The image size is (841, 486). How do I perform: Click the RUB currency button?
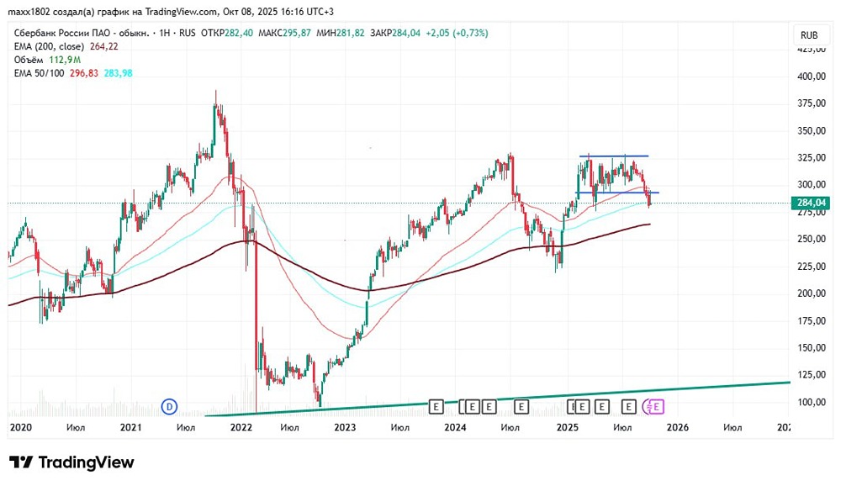coord(809,35)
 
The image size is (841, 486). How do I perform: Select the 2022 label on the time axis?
coord(241,427)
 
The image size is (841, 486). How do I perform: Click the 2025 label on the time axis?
coord(567,427)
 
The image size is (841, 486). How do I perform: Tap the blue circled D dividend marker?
coord(168,407)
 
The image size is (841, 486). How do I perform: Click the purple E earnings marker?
coord(657,407)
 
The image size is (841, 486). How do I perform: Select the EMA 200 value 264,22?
coord(104,46)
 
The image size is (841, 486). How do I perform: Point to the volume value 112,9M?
coord(65,60)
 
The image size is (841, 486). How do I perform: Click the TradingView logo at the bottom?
coord(71,462)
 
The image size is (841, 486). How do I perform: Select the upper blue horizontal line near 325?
coord(613,156)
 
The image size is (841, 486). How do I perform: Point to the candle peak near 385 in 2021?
coord(216,92)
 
